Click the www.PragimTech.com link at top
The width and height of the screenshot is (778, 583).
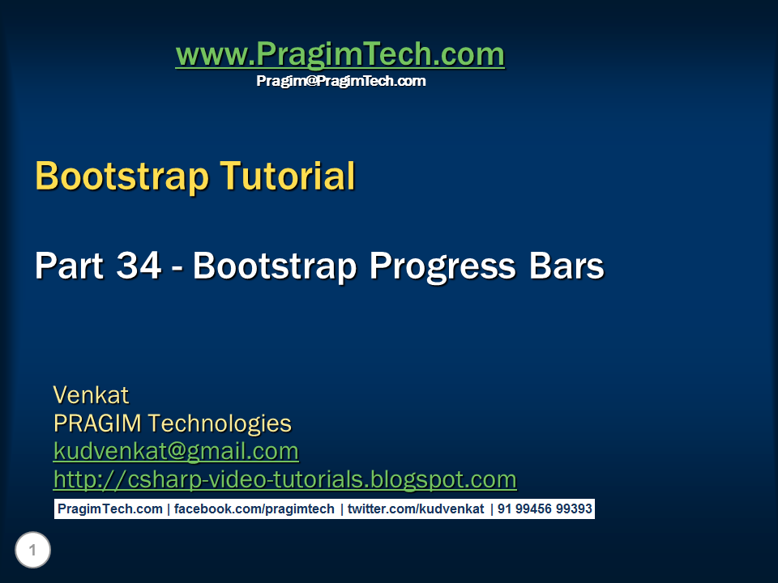[340, 55]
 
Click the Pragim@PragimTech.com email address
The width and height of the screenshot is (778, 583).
[340, 81]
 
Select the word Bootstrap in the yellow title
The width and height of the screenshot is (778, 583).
[122, 176]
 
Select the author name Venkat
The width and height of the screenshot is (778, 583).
[91, 395]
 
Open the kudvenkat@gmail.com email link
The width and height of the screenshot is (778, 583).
[176, 451]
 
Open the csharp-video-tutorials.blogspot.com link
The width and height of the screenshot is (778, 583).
[284, 479]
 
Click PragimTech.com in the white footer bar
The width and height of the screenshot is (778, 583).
[109, 509]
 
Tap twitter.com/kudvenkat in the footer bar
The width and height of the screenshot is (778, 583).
[415, 509]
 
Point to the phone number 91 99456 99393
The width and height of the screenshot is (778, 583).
[545, 509]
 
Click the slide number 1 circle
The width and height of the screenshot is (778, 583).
[32, 551]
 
